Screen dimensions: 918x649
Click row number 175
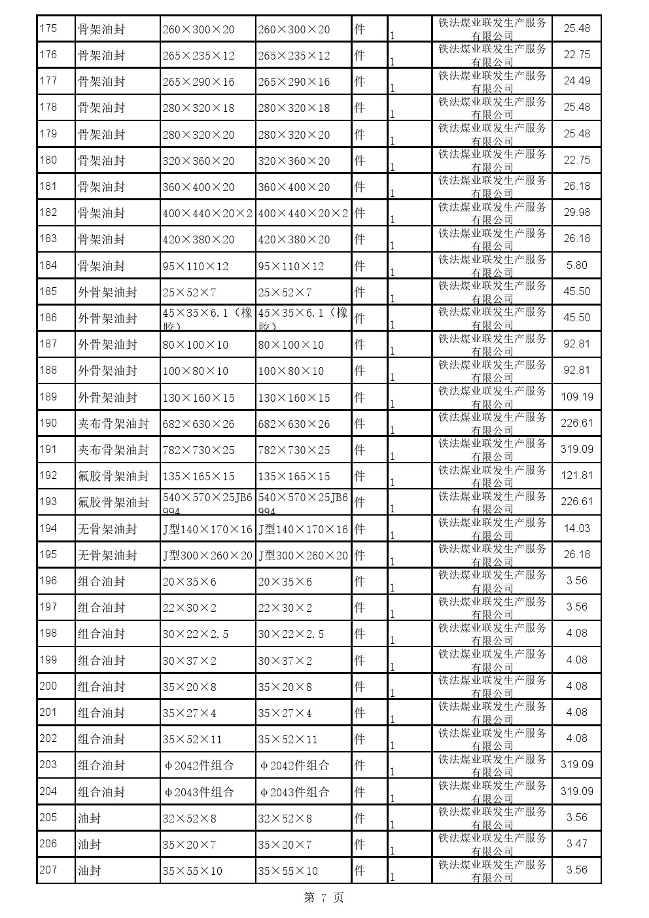point(48,28)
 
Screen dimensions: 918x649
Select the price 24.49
point(576,81)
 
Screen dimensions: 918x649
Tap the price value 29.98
point(576,212)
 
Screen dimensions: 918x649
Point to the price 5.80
point(576,265)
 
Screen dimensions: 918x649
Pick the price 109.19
point(576,397)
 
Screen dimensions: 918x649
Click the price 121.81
point(576,476)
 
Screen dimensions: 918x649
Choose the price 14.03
point(576,528)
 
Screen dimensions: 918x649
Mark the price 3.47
point(576,843)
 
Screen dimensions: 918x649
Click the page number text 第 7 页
point(324,898)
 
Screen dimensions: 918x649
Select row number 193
point(48,502)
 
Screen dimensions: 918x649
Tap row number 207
point(48,870)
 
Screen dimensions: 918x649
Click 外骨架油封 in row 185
point(107,292)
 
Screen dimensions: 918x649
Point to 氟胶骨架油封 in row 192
point(113,476)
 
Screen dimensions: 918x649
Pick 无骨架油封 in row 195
point(107,555)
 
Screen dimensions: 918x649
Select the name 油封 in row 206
point(90,844)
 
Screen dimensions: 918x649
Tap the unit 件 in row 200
point(359,686)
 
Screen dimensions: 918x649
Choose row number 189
point(48,397)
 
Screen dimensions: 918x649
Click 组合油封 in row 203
point(101,765)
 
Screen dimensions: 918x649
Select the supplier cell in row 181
point(492,186)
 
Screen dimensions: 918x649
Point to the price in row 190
point(576,423)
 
